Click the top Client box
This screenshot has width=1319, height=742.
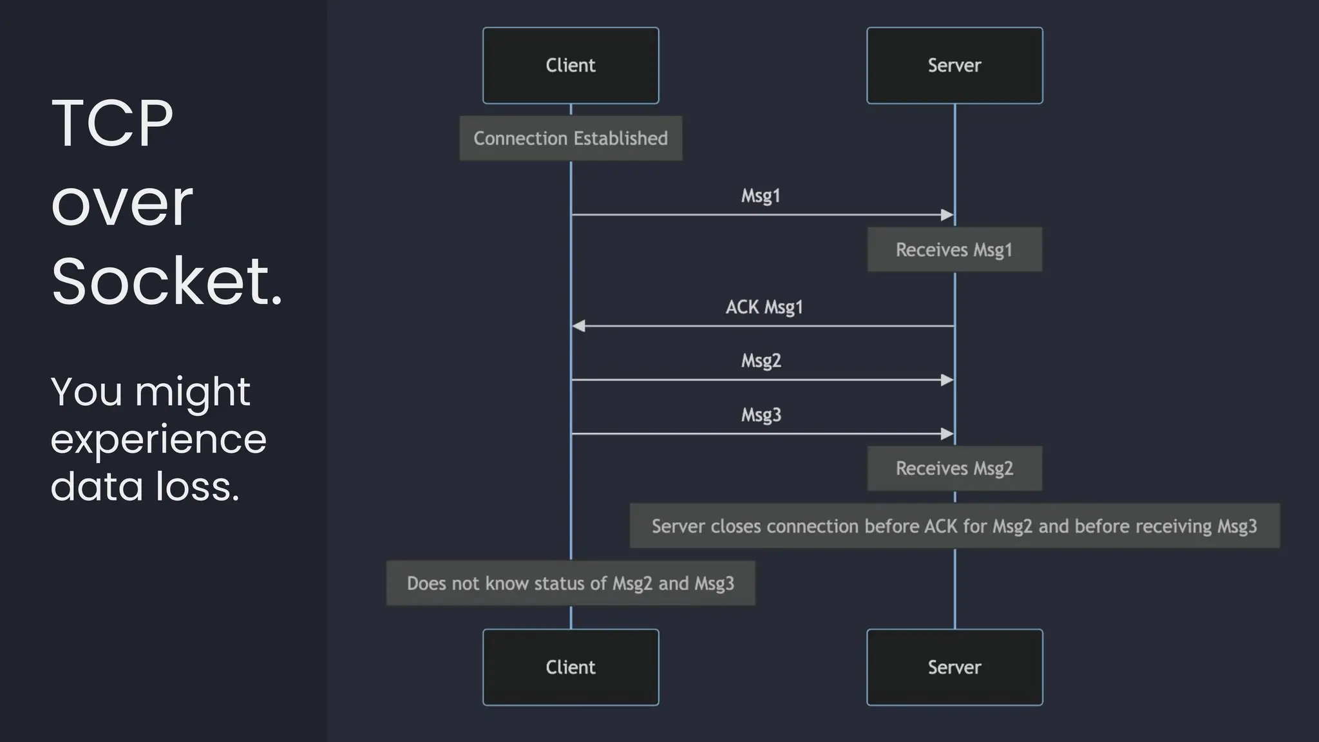pos(571,65)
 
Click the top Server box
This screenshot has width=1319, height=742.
pos(954,65)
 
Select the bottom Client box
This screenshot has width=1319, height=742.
pos(571,667)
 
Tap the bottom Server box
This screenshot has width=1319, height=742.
pos(954,667)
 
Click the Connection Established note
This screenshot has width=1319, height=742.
pos(571,138)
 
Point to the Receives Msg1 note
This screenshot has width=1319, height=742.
pos(954,250)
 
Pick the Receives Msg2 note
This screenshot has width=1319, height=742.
pos(954,468)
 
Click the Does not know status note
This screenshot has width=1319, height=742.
pos(571,584)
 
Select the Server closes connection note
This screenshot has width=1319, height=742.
pos(954,526)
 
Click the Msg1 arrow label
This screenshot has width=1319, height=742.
pos(761,196)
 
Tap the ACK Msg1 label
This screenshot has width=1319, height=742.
pos(764,307)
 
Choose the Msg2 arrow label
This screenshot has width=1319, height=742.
pos(761,361)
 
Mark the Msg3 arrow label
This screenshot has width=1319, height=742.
pos(761,415)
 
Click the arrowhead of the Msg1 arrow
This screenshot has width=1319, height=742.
pos(947,215)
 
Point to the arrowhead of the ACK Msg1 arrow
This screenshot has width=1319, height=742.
pos(578,327)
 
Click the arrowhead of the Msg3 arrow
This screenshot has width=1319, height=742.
pos(947,434)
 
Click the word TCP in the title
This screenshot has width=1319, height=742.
pos(112,124)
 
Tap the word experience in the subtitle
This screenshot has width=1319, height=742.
pos(158,440)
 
